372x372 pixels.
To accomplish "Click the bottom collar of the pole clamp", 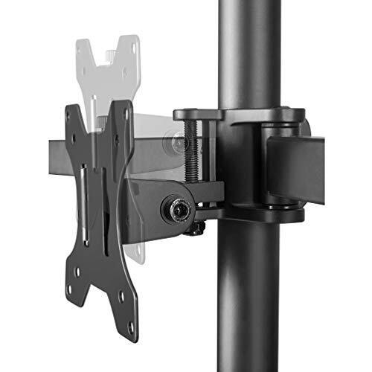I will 253,216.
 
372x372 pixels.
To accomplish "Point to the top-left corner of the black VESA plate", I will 71,110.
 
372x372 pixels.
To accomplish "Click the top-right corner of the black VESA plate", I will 127,105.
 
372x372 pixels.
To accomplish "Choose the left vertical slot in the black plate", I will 84,208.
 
